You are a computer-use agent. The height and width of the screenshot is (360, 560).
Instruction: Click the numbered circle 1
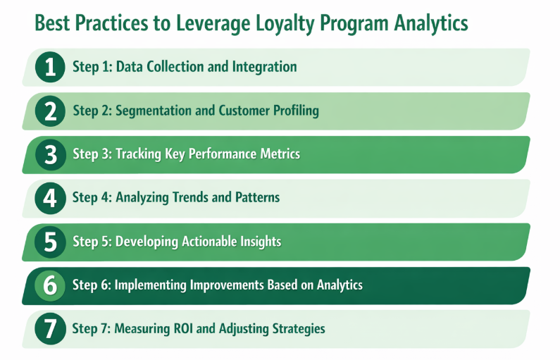click(50, 68)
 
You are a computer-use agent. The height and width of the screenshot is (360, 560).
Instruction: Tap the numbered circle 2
click(50, 111)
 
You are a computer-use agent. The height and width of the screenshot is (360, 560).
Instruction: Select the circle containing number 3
click(50, 154)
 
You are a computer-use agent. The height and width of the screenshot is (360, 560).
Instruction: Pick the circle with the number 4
click(50, 198)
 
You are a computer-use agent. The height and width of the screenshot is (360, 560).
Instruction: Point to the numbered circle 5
click(50, 242)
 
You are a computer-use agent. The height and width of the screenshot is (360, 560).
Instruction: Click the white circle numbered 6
click(50, 285)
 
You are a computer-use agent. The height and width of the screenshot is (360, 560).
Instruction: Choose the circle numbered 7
click(50, 329)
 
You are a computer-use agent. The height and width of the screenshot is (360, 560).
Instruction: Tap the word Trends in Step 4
click(190, 198)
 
